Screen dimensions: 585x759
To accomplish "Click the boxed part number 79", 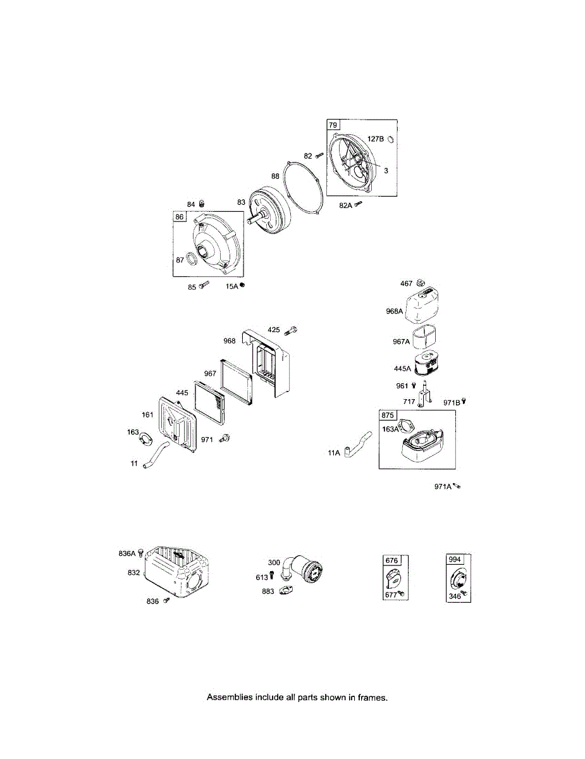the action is click(333, 125).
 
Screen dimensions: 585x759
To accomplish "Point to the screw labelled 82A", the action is click(359, 204).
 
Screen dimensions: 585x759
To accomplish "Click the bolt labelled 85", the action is click(203, 286).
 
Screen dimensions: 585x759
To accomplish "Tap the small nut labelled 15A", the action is click(242, 285).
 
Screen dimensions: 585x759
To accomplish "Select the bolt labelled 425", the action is click(292, 330).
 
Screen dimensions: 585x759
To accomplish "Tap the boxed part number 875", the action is click(387, 416).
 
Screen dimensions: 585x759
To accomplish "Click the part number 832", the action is click(133, 572).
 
